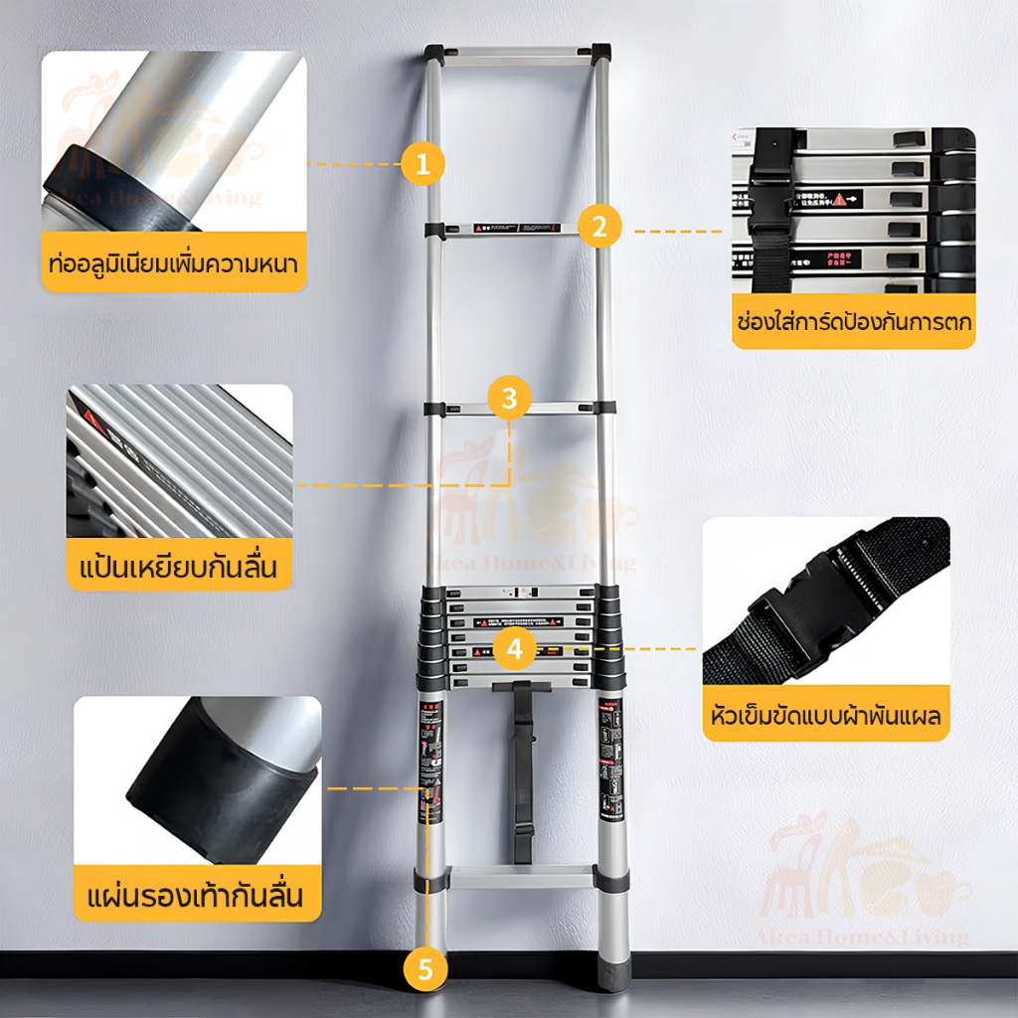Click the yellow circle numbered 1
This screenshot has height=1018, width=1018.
click(424, 164)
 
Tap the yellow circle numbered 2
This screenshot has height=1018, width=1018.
click(598, 226)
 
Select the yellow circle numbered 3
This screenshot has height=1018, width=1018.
click(509, 399)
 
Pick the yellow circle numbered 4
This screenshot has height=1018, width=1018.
click(514, 649)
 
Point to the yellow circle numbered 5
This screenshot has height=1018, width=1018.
click(425, 969)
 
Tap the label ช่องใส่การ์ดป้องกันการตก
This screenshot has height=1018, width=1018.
click(854, 322)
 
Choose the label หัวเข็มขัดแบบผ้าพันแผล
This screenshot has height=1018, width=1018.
click(826, 715)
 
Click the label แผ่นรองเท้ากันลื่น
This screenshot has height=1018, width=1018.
click(199, 894)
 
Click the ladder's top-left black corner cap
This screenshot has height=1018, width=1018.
click(434, 53)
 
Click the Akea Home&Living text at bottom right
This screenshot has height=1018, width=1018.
click(870, 936)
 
